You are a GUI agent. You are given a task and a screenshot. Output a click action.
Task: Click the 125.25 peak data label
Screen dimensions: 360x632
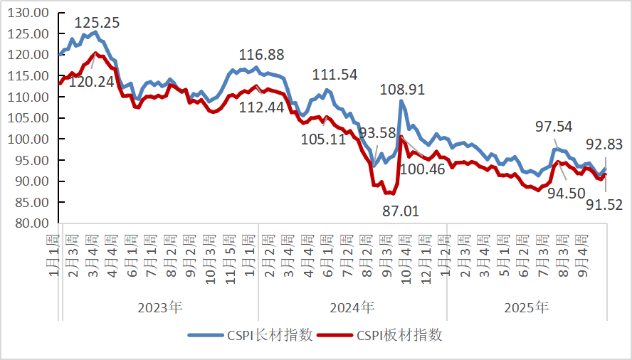95,22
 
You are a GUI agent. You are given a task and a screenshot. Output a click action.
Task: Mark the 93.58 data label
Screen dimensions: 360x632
377,133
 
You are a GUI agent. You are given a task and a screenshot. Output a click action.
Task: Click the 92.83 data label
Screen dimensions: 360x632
604,144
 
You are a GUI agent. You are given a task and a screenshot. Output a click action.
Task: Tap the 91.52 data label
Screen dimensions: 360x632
604,205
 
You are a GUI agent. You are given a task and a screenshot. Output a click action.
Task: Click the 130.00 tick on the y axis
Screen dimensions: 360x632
30,13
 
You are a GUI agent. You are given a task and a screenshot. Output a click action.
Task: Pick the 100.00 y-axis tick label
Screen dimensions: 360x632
30,139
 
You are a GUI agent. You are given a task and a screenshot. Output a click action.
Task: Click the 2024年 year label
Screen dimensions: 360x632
352,308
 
